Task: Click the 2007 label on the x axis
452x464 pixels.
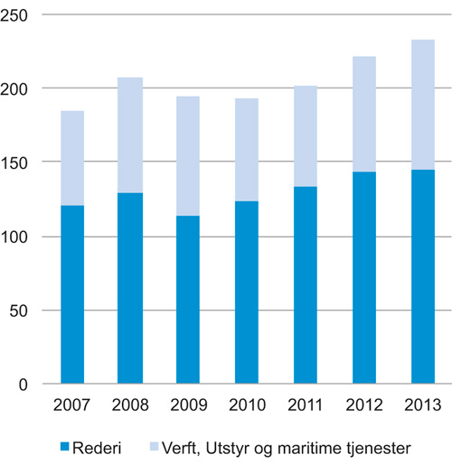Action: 72,405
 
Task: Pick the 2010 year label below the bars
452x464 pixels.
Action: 247,405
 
